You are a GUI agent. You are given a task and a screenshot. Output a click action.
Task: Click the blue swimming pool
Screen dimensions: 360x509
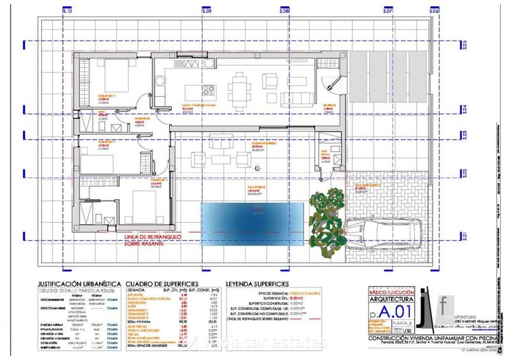coord(252,225)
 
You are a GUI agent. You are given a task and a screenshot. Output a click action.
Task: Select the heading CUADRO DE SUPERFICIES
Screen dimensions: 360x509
coord(163,283)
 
